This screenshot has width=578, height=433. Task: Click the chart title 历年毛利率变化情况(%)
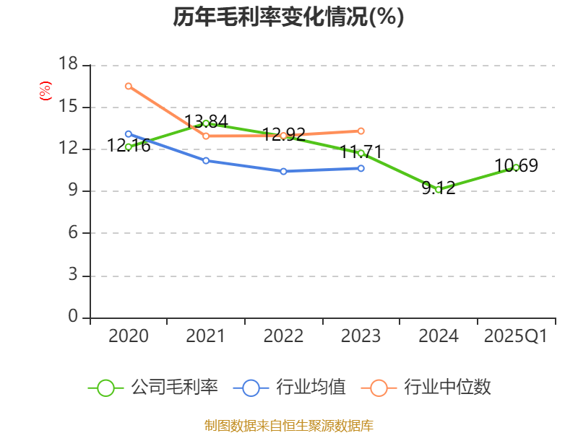288,17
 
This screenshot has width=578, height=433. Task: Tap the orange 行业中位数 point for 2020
129,86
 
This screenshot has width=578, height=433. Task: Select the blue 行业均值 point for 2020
129,134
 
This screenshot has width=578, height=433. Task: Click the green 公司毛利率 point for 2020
129,146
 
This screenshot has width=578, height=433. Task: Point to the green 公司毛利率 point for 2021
206,123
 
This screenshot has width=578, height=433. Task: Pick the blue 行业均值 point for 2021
206,160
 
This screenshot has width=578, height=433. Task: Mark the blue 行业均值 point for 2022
283,171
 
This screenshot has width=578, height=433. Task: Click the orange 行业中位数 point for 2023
361,131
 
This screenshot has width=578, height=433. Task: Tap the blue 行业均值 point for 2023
361,168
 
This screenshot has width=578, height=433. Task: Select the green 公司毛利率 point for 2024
439,189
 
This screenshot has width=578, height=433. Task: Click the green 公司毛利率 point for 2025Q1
516,167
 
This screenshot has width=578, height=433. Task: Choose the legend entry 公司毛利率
153,388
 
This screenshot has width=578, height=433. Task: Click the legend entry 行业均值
290,388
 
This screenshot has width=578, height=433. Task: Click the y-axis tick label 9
72,191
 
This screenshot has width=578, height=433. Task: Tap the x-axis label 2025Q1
516,336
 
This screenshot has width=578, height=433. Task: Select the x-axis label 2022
283,336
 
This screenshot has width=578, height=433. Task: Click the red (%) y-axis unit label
46,92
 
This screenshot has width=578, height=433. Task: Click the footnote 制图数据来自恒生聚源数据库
288,425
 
